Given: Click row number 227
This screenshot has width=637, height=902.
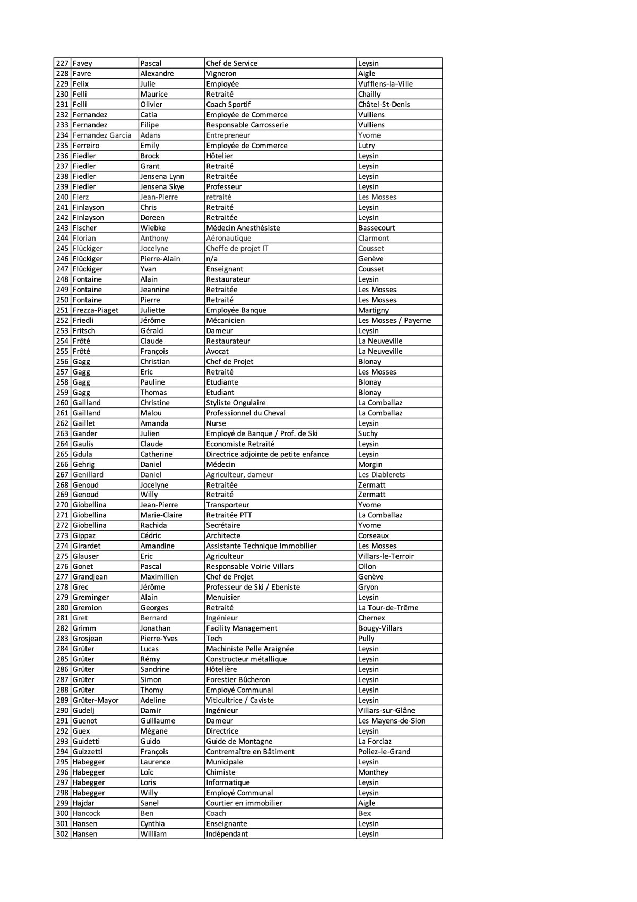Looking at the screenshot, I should tap(62, 63).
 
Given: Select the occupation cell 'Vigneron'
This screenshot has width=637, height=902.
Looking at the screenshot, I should tap(221, 74).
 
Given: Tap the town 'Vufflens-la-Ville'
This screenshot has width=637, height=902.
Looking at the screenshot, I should tap(385, 84).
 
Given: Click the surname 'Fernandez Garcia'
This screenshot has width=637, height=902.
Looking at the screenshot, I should tap(102, 135).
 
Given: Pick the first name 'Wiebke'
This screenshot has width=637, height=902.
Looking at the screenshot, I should tap(153, 228).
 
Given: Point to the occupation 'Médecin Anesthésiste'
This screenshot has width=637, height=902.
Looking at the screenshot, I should tap(243, 228).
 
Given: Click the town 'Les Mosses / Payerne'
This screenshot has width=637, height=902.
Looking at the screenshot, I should tap(394, 320).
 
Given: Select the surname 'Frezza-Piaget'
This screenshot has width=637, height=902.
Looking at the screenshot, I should tap(96, 310).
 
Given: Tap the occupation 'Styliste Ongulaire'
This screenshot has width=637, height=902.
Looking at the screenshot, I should tap(236, 403).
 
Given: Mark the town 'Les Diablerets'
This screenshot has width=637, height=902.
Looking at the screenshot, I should tap(382, 475).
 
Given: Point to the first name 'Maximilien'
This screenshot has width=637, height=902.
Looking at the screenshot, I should tap(159, 577).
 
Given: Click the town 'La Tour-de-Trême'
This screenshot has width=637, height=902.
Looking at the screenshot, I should tap(388, 608).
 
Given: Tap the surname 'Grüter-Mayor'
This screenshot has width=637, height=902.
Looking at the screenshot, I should tap(96, 700).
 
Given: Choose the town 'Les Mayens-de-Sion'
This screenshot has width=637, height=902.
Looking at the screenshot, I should tap(392, 721).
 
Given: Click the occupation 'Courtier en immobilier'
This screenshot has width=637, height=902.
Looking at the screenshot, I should tap(244, 803).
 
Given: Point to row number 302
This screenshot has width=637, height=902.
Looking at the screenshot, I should tap(62, 834).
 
